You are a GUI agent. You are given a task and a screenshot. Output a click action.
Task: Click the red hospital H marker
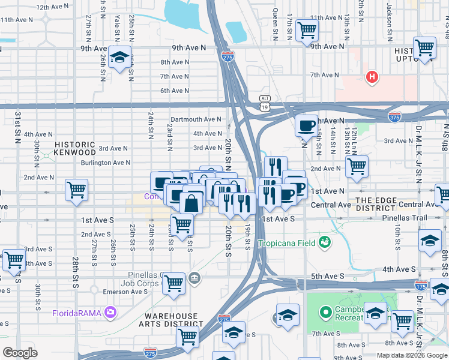tap(372, 77)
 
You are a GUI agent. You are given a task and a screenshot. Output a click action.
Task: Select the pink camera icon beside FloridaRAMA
tap(110, 311)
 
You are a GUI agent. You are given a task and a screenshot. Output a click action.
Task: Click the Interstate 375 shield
tap(394, 115)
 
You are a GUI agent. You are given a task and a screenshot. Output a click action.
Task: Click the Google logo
tap(20, 352)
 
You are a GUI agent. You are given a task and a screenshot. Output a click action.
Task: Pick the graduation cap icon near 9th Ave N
tap(120, 57)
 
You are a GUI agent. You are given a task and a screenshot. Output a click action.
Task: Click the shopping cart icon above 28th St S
tap(76, 190)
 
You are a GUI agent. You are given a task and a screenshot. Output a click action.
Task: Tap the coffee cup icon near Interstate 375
tap(306, 125)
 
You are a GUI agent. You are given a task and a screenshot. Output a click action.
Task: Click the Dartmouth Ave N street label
tap(196, 119)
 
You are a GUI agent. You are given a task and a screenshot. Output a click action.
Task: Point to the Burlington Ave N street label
tap(106, 162)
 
